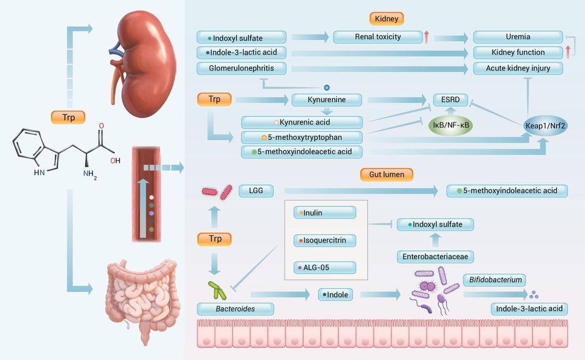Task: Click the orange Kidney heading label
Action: coord(386,18)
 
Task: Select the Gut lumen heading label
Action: coord(386,175)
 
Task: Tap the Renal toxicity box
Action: coord(378,37)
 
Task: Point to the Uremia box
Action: coord(518,37)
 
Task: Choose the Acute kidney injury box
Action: coord(518,68)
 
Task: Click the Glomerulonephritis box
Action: coord(241,68)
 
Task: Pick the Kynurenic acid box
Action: coord(302,123)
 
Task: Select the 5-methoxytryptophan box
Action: coord(302,138)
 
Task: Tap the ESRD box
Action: coord(450,100)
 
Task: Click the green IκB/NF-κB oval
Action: coord(450,125)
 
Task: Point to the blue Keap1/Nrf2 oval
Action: coord(545,125)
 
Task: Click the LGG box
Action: coord(256,191)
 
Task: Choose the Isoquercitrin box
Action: coord(325,240)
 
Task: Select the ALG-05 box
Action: coord(325,268)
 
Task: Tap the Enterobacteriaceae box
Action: coord(435,257)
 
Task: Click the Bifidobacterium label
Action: coord(495,280)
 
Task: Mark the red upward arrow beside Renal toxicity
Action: coord(426,37)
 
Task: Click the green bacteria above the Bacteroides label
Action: coord(217,291)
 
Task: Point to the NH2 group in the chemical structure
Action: coord(90,174)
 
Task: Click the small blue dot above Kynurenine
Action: coord(327,88)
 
